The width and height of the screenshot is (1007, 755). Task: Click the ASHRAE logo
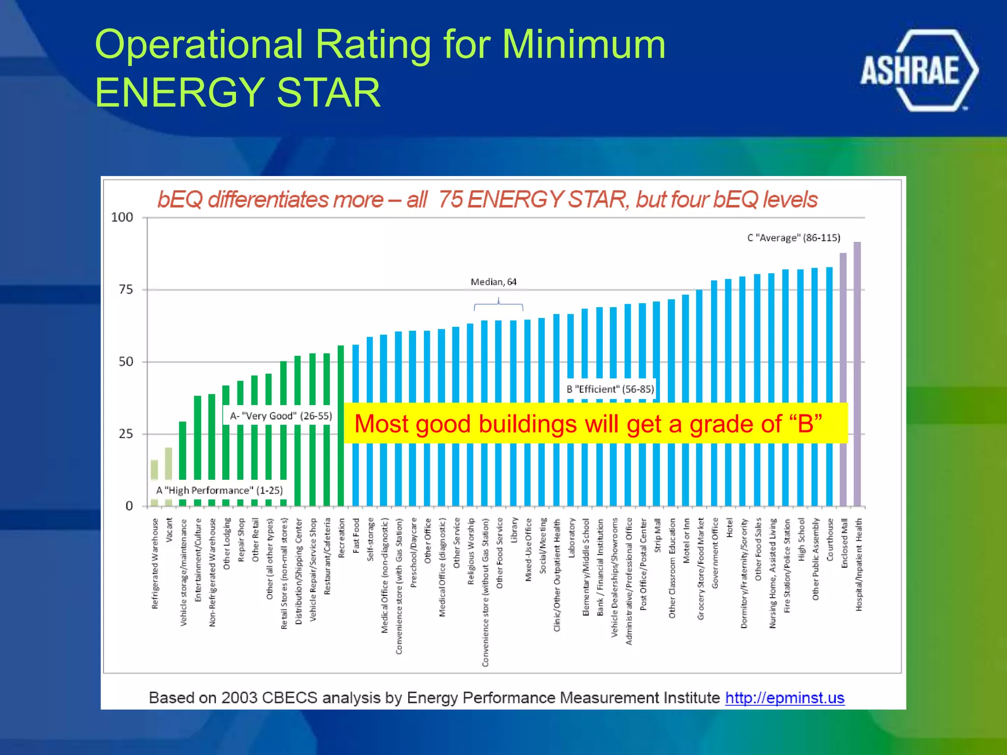918,70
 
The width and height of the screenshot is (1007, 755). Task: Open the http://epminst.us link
784,697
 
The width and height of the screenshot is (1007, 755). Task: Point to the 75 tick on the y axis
126,290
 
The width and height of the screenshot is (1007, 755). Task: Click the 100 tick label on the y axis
122,217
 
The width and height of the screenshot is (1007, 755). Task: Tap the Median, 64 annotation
493,282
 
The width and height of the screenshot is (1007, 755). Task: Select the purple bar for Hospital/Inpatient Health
857,374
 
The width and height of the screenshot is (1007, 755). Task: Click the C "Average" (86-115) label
794,238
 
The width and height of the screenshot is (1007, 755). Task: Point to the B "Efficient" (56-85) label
610,389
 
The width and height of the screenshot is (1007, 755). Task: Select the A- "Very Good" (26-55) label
281,416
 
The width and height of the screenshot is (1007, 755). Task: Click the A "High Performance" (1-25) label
219,491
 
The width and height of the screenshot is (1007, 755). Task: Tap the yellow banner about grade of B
595,424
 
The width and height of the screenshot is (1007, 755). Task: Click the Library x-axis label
514,530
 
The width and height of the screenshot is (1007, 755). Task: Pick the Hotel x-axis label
729,528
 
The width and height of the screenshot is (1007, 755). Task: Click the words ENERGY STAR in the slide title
237,92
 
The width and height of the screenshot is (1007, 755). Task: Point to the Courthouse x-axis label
830,539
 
